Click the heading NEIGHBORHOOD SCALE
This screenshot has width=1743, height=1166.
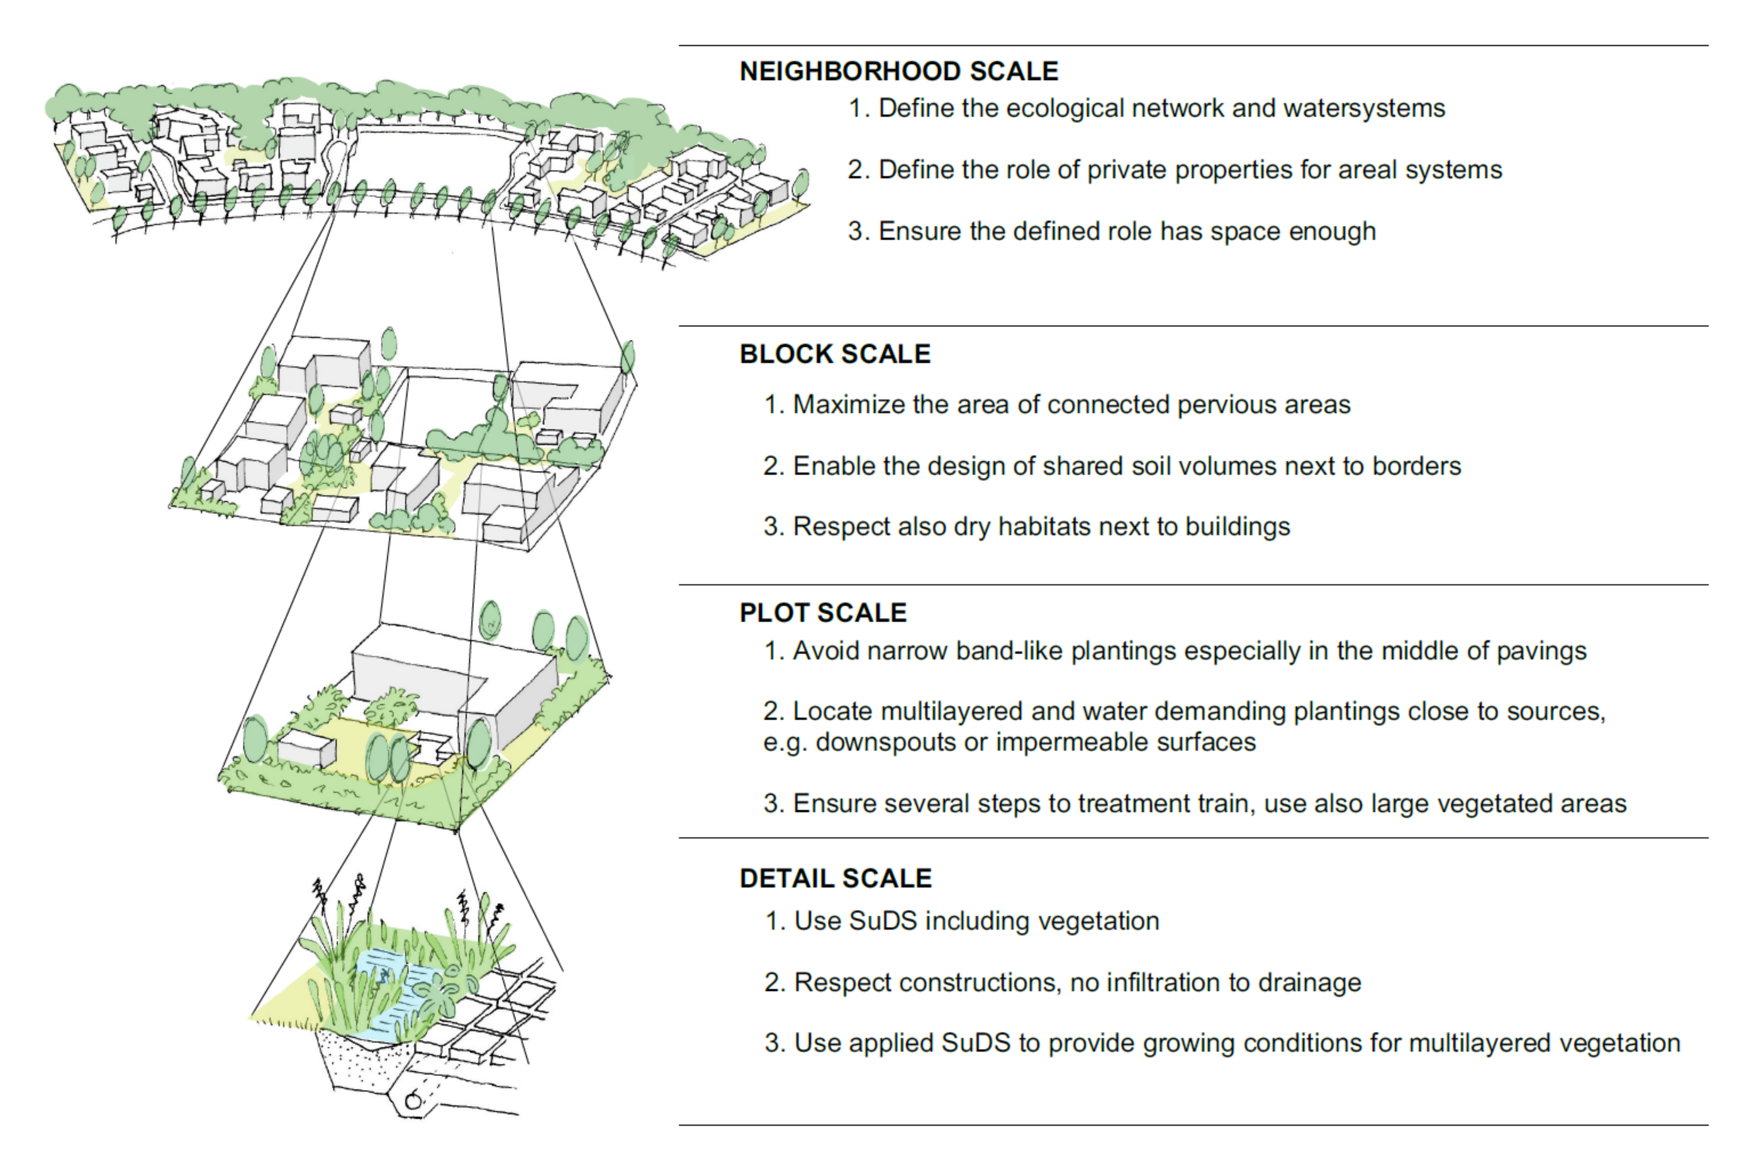pos(898,72)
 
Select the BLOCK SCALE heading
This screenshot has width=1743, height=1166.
pos(835,354)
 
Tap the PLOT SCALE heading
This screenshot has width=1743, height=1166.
pos(823,613)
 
